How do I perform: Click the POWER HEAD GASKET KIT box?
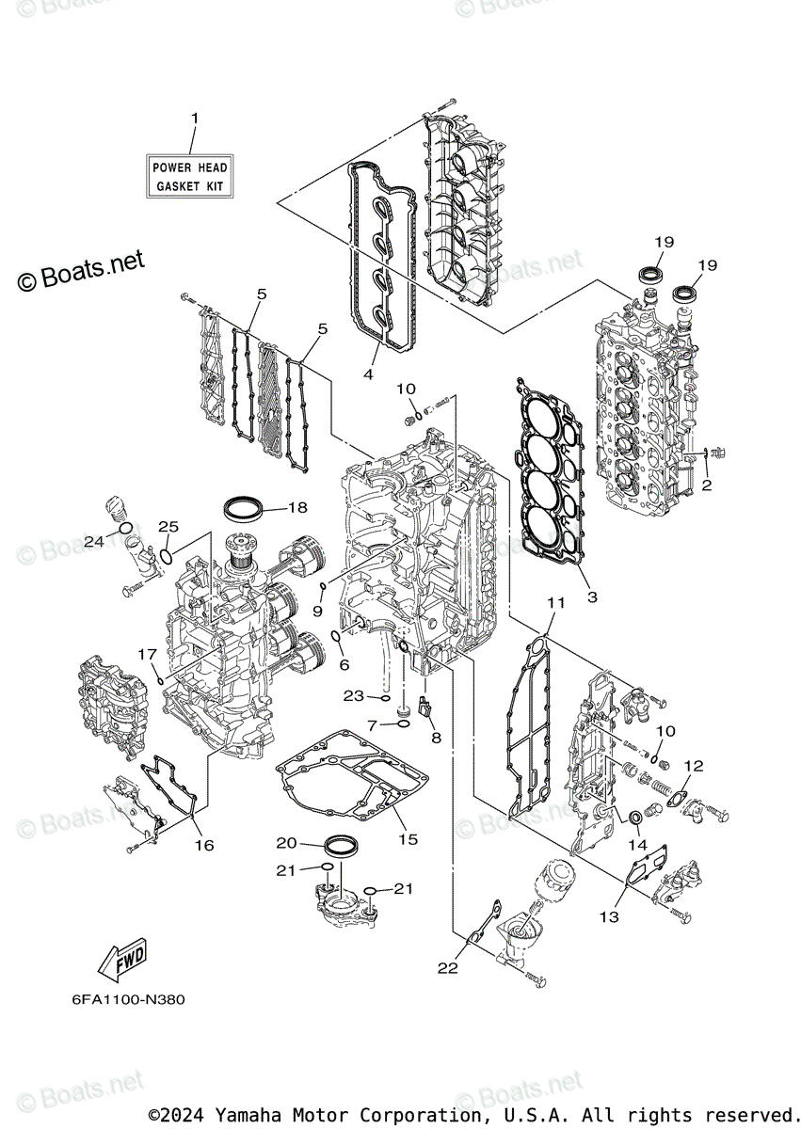click(x=190, y=177)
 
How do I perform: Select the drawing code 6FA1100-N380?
click(x=128, y=999)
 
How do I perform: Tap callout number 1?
click(x=195, y=119)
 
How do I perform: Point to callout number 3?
click(x=592, y=596)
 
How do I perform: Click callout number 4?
click(x=368, y=374)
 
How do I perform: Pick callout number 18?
click(x=297, y=508)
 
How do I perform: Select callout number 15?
click(x=408, y=839)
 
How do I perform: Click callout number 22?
click(x=448, y=967)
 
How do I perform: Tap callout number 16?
click(x=204, y=845)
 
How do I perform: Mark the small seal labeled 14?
click(x=637, y=816)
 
